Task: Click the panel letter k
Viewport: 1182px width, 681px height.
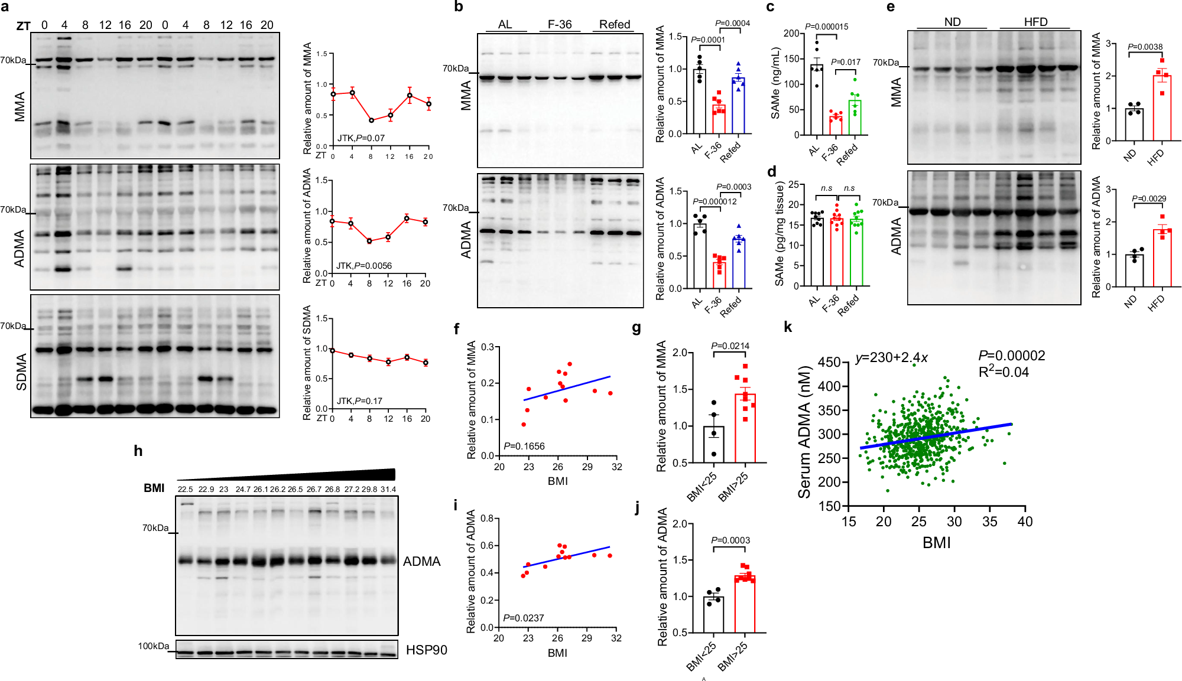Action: coord(787,327)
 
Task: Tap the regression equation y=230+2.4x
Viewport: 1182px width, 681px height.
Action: coord(891,357)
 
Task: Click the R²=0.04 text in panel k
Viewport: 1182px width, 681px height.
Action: coord(1004,372)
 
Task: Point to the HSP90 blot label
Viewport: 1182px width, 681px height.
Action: coord(426,650)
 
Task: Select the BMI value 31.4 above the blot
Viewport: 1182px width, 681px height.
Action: coord(388,489)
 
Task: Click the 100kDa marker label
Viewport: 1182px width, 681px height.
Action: coord(153,646)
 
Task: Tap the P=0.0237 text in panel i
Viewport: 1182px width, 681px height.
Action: coord(523,618)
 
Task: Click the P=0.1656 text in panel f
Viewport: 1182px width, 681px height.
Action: coord(524,446)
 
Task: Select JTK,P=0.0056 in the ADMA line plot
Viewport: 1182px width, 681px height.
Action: coord(363,266)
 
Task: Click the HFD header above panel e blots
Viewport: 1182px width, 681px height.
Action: coord(1035,22)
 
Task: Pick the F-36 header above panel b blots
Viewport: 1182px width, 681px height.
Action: coord(559,24)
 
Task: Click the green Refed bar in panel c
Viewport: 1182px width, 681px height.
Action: coord(855,118)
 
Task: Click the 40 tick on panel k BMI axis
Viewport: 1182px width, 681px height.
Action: coord(1025,522)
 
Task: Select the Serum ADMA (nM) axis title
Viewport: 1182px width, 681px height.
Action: coord(804,432)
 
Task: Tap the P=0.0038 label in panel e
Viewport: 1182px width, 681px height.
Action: coord(1145,47)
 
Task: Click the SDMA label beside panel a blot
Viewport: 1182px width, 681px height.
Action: coord(21,372)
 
